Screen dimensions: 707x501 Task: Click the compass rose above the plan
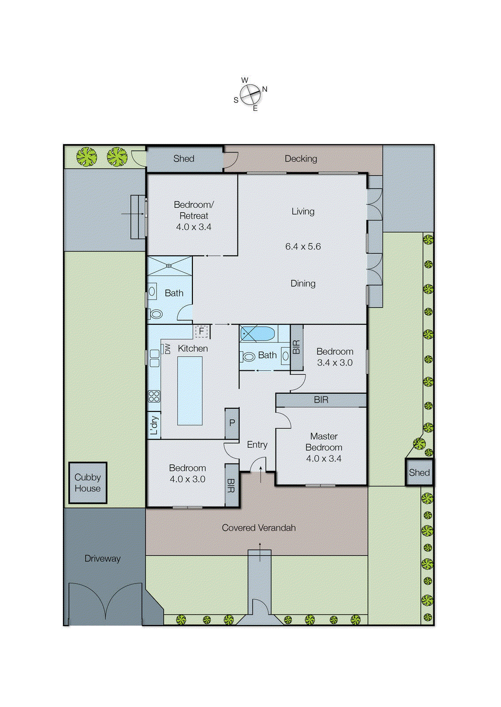click(x=250, y=94)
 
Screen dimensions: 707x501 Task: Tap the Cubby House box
click(x=88, y=483)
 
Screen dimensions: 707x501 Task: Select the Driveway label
click(x=102, y=559)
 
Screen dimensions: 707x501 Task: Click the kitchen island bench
click(x=190, y=391)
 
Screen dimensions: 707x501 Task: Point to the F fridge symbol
click(x=201, y=331)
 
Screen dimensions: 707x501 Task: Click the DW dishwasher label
click(x=168, y=349)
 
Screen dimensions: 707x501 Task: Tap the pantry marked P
click(x=232, y=423)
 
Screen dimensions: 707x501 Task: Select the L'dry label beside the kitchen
click(x=154, y=425)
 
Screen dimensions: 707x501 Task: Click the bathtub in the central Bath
click(x=258, y=334)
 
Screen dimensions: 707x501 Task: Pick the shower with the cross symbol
click(x=169, y=266)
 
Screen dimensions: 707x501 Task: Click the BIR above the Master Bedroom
click(x=321, y=400)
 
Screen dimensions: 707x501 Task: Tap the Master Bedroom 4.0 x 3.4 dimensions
click(x=324, y=459)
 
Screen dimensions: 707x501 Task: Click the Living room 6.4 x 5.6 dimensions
click(x=303, y=247)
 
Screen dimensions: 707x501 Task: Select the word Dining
click(x=303, y=284)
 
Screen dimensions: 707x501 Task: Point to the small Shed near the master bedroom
click(x=419, y=472)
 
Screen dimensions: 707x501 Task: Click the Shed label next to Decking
click(x=184, y=159)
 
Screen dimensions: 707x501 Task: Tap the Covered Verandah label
click(x=259, y=528)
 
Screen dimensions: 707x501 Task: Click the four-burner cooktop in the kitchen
click(x=154, y=396)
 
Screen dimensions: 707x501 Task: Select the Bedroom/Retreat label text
click(x=194, y=210)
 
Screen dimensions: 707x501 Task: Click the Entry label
click(x=257, y=445)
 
